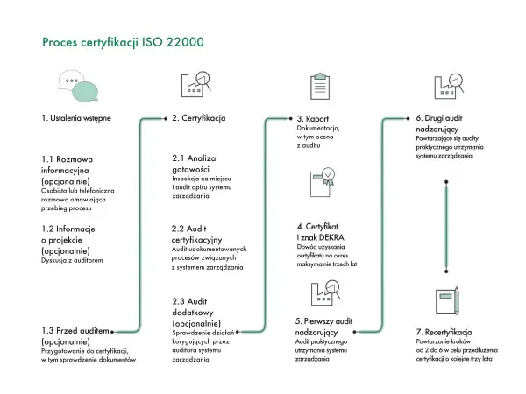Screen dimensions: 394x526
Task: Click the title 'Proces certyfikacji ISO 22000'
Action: coord(124,41)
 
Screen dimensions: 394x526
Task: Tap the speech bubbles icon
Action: coord(75,86)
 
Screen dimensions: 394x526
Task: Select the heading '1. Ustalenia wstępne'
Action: coord(76,117)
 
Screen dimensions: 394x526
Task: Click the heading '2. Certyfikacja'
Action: coord(199,117)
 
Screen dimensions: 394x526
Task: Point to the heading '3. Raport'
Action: coord(312,117)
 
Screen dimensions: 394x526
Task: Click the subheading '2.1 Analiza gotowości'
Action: coord(194,164)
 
